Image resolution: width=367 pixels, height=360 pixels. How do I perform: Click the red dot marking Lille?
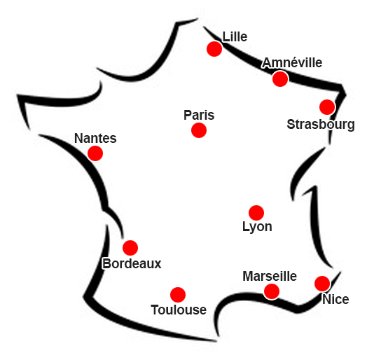point(214,49)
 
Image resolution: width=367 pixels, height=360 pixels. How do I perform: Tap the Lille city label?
point(235,36)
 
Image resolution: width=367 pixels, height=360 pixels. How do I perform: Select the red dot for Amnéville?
point(280,79)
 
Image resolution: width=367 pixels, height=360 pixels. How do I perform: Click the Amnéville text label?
point(292,63)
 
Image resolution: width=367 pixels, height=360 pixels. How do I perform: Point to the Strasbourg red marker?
point(327,107)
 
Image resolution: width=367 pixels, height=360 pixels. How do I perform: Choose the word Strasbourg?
point(321,125)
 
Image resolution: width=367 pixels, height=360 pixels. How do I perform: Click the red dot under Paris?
point(199,130)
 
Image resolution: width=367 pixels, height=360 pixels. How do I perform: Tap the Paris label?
point(199,115)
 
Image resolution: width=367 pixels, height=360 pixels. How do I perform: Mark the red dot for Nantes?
point(95,153)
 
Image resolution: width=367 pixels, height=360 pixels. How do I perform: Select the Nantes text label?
point(95,138)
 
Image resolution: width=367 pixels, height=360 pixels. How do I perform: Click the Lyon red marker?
point(256,213)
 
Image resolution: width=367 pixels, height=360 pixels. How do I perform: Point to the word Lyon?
point(257,227)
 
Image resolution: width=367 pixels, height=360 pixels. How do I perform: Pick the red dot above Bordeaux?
point(130,248)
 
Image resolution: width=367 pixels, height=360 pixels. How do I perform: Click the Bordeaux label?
point(132,264)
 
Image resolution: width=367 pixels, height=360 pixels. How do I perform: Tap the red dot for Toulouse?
point(178,295)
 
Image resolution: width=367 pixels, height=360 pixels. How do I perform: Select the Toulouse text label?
point(179,310)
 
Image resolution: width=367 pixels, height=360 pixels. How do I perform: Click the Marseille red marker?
point(272,291)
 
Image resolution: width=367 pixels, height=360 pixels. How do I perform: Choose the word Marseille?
point(270,276)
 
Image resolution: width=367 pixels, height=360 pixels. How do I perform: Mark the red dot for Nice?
point(322,284)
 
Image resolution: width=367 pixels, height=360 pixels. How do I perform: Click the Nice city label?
point(335,299)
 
